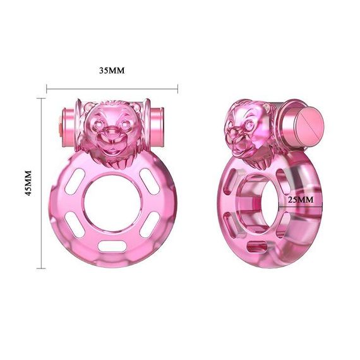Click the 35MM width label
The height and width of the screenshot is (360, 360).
[112, 70]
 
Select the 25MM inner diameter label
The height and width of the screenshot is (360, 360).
[301, 199]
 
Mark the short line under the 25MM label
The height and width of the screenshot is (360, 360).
[301, 207]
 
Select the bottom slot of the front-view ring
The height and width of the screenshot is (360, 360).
[112, 244]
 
